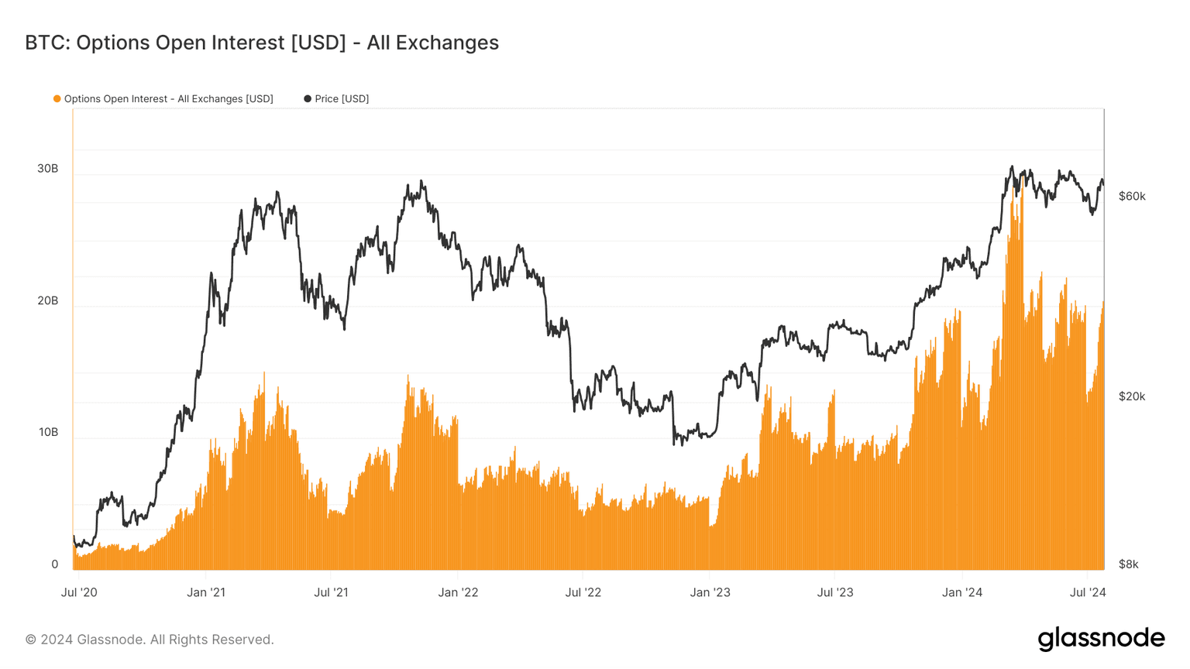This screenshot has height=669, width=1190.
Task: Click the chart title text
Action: click(262, 43)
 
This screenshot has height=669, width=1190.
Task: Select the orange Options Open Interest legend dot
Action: click(57, 98)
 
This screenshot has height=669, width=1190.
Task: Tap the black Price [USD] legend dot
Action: click(308, 98)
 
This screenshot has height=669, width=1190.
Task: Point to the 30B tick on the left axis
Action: click(47, 169)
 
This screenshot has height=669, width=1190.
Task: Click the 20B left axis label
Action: click(47, 300)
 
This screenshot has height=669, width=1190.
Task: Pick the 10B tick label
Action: click(48, 432)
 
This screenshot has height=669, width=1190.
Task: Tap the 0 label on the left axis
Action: click(54, 564)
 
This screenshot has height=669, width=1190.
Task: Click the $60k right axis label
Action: click(1132, 197)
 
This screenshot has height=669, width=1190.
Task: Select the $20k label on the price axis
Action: click(1132, 396)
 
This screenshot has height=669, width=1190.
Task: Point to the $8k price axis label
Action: click(1129, 564)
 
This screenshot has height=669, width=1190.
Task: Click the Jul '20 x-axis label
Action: click(79, 593)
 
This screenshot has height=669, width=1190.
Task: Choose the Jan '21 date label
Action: click(206, 593)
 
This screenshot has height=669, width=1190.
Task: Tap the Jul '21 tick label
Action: click(331, 593)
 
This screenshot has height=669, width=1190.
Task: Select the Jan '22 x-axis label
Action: click(458, 593)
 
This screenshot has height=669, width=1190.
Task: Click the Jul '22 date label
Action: click(583, 593)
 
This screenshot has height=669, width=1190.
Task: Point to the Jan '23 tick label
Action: click(710, 593)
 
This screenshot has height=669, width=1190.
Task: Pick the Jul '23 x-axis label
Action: click(835, 593)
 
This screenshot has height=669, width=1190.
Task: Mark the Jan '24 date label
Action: click(961, 593)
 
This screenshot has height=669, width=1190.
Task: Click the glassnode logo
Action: click(1101, 639)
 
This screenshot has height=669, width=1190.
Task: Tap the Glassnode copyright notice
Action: click(150, 640)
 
